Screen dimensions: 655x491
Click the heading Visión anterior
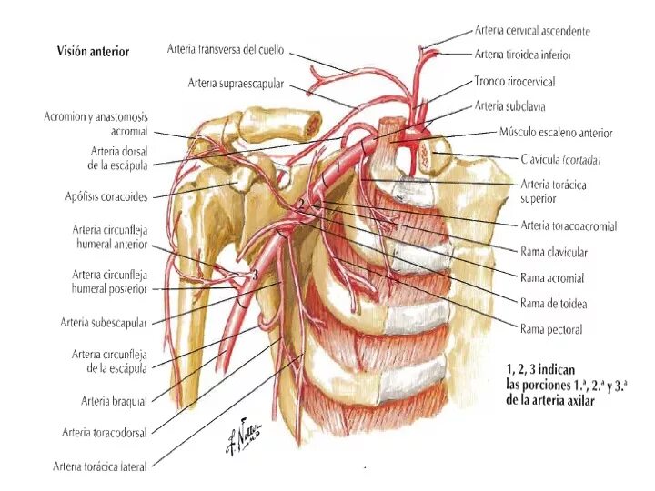pyautogui.click(x=93, y=52)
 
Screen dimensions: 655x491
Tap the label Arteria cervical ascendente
pyautogui.click(x=532, y=31)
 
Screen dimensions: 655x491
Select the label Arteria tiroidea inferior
pyautogui.click(x=523, y=55)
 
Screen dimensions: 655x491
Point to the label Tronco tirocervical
pyautogui.click(x=515, y=81)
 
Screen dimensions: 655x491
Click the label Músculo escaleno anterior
pyautogui.click(x=556, y=133)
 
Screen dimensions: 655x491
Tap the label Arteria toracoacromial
pyautogui.click(x=569, y=225)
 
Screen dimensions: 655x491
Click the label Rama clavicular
pyautogui.click(x=554, y=252)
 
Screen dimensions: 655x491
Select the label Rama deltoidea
pyautogui.click(x=553, y=303)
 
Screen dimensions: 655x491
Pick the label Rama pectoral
pyautogui.click(x=551, y=329)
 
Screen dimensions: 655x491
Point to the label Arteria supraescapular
pyautogui.click(x=237, y=84)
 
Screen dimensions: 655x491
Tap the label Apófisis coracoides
pyautogui.click(x=106, y=195)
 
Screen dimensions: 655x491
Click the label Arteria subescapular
pyautogui.click(x=104, y=322)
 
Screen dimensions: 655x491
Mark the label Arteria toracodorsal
pyautogui.click(x=105, y=433)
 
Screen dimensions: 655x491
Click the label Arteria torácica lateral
pyautogui.click(x=99, y=466)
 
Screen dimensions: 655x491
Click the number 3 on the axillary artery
pyautogui.click(x=257, y=274)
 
